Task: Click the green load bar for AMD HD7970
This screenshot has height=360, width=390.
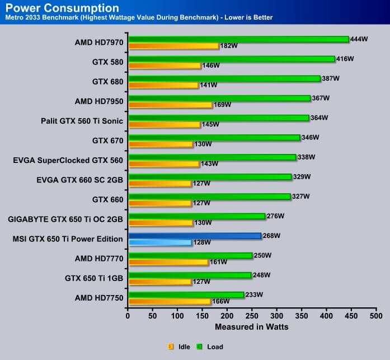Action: click(x=238, y=39)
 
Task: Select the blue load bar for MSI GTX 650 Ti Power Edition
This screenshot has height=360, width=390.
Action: click(x=195, y=236)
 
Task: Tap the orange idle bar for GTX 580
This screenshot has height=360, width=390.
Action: click(x=165, y=66)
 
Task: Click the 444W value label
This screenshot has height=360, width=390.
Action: click(x=359, y=39)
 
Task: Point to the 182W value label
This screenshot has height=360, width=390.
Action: click(x=229, y=46)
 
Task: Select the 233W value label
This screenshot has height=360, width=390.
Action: click(x=254, y=294)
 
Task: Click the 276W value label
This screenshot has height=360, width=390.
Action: click(x=275, y=216)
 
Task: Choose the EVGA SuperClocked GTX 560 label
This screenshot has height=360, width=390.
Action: click(x=68, y=160)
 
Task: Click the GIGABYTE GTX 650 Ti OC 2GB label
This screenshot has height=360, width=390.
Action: click(x=65, y=219)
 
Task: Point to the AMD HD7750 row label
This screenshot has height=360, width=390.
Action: click(x=99, y=297)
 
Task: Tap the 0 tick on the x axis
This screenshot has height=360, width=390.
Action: click(x=128, y=316)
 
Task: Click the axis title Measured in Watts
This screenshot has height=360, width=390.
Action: click(x=252, y=326)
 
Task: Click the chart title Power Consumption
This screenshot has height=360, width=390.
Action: click(x=62, y=8)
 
